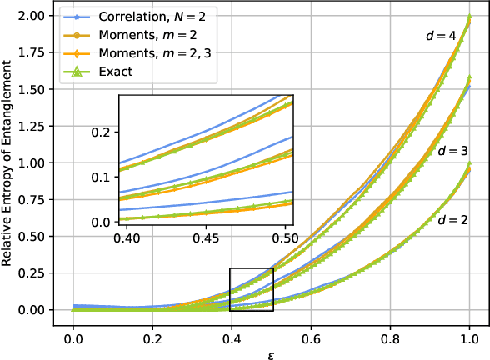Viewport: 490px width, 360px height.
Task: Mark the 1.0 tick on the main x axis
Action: coord(470,328)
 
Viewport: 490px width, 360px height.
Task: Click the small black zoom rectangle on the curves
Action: coord(252,289)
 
